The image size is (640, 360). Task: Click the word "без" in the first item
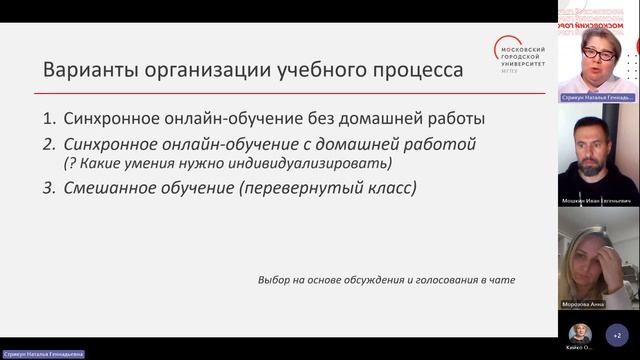click(365, 117)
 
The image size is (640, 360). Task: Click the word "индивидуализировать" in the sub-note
click(319, 163)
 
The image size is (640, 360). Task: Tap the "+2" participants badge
click(616, 334)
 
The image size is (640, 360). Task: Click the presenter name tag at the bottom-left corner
click(42, 354)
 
